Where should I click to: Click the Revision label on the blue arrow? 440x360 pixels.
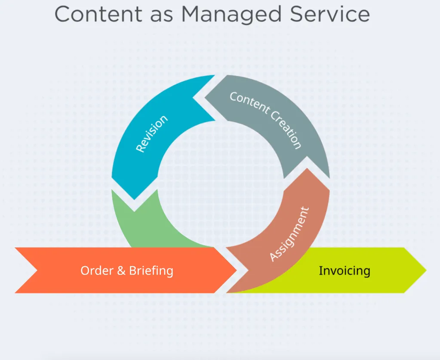point(151,133)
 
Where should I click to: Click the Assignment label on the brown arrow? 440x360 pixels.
point(289,234)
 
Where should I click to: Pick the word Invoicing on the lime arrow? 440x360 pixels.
point(344,271)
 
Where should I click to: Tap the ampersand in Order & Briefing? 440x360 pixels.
point(122,271)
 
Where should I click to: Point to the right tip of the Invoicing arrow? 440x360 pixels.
point(425,271)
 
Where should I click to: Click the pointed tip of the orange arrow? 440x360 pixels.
point(236,271)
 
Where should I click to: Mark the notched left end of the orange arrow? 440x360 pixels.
point(37,271)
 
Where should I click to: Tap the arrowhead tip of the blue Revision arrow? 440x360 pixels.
point(134,199)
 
